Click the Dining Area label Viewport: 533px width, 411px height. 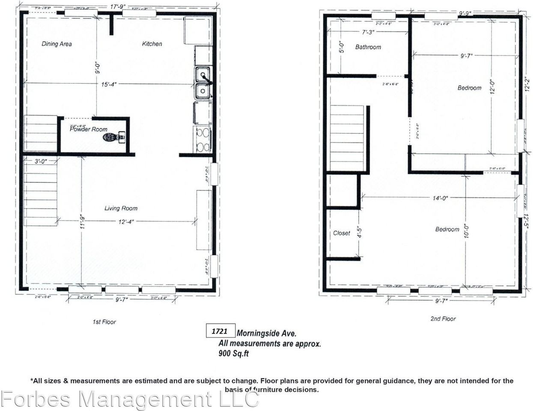tap(57, 44)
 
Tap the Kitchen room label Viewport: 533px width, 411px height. tap(152, 44)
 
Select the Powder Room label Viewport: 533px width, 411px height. tap(89, 129)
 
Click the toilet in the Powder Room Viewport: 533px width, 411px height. tap(113, 137)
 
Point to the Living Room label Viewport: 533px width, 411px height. tap(121, 208)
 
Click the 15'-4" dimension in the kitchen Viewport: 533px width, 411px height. tap(109, 84)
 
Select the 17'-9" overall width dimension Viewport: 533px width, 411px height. tap(116, 6)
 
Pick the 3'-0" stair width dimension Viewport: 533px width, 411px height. tap(41, 161)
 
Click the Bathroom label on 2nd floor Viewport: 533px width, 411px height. tap(368, 47)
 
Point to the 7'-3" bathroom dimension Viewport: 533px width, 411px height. tap(368, 32)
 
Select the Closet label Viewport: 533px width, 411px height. tap(341, 233)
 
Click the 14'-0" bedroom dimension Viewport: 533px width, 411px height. tap(440, 198)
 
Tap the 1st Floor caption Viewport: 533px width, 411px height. tap(104, 322)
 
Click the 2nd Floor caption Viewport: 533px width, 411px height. tap(443, 319)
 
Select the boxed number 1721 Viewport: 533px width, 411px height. tap(220, 331)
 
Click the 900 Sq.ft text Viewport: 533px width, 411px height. tap(233, 354)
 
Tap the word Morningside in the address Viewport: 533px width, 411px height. tap(258, 333)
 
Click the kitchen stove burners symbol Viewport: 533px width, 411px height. tap(203, 139)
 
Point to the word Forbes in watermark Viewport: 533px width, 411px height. tap(36, 400)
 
